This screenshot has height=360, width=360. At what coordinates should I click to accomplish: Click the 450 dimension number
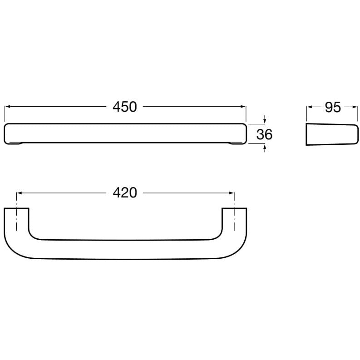(125, 107)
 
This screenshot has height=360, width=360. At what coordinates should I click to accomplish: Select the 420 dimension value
(125, 193)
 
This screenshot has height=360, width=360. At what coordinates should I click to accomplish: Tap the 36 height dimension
(264, 134)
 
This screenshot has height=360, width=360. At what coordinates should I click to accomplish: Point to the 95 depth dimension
(333, 107)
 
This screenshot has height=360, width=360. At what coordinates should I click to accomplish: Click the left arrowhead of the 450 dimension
(7, 107)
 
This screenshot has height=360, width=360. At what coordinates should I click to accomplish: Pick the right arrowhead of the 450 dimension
(243, 107)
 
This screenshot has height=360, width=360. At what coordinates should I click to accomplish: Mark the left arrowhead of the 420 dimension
(19, 193)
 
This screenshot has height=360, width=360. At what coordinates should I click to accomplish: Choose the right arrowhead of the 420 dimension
(232, 193)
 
